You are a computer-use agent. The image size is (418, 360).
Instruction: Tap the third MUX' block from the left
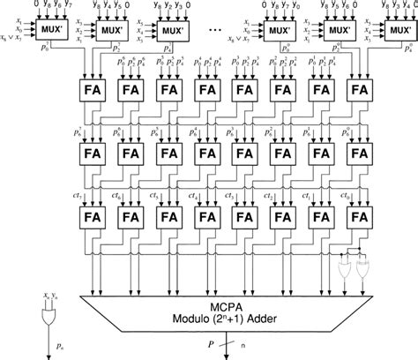tap(171, 31)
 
